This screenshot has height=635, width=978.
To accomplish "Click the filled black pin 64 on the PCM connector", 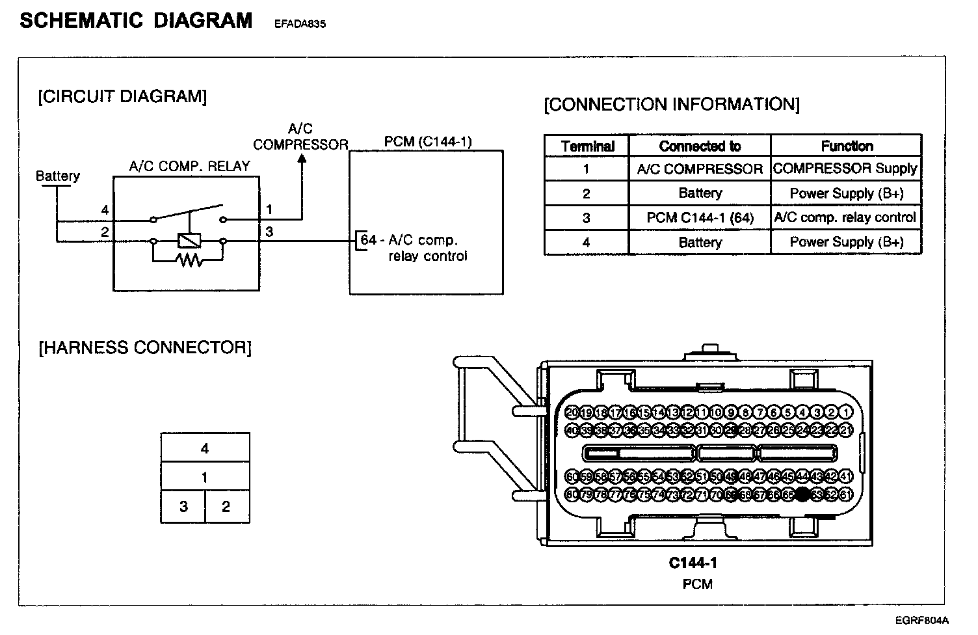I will (x=802, y=494).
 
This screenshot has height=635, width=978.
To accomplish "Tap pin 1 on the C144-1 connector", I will (x=845, y=412).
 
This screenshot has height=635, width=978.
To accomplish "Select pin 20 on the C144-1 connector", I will (x=572, y=412).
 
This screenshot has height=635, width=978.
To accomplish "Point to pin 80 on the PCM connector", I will (x=572, y=494).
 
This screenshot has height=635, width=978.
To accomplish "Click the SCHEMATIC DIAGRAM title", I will (x=136, y=21).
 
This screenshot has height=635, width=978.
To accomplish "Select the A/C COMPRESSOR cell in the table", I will (x=700, y=169).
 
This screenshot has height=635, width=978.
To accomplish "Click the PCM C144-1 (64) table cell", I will (x=700, y=218).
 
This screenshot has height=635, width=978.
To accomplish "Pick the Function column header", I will (x=847, y=146).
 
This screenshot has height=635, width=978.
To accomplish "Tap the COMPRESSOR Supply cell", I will (x=845, y=169).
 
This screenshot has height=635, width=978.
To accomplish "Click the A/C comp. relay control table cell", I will (x=845, y=217).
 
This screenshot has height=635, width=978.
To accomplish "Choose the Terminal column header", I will (x=587, y=146).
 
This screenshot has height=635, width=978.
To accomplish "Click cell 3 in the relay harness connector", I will (x=183, y=506).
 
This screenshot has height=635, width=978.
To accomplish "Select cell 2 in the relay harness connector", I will (x=226, y=506).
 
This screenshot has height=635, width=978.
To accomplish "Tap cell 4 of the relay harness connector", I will (x=205, y=448).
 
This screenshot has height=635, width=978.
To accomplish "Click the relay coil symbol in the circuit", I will (x=189, y=241).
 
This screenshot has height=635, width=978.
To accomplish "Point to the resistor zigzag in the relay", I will (x=189, y=261).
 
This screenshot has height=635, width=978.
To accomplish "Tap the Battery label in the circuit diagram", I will (x=58, y=176).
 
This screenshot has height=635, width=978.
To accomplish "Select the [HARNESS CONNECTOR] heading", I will (x=145, y=347).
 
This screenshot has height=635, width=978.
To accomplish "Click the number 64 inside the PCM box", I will (x=369, y=240).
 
